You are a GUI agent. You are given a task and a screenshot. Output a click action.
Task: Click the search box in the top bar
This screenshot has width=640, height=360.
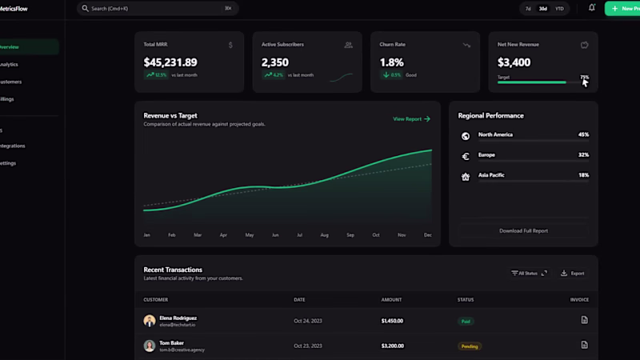(156, 9)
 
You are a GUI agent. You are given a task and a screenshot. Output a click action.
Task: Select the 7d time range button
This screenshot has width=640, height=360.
(528, 9)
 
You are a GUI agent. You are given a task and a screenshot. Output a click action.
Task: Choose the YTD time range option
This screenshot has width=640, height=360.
(559, 9)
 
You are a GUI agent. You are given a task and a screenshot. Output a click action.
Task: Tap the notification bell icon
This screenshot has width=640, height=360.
(592, 8)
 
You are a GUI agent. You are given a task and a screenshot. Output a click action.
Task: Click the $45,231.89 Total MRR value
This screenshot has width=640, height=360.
(170, 62)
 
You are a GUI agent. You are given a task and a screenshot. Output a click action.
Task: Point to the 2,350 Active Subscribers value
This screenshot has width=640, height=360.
(275, 62)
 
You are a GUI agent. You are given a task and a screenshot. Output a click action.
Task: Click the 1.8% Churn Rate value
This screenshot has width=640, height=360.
(391, 62)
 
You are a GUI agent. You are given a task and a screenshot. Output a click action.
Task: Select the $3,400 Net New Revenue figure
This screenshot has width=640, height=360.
(514, 62)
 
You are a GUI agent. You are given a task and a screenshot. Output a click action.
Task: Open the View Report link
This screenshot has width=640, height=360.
(411, 119)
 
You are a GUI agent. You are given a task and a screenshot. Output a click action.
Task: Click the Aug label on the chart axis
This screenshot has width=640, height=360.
(324, 235)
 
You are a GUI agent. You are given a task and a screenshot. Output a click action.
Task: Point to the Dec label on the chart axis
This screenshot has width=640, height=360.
(427, 235)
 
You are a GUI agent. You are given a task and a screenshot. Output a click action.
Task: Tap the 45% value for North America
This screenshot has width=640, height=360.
(583, 134)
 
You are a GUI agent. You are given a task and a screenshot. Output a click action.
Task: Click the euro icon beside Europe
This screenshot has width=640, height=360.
(466, 157)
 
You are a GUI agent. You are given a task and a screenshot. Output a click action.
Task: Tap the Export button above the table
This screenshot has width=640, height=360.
(573, 274)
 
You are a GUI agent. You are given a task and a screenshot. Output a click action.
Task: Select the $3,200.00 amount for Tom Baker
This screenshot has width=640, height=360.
(392, 346)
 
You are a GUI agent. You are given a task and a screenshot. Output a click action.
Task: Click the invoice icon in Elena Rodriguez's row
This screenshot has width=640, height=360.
(584, 320)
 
